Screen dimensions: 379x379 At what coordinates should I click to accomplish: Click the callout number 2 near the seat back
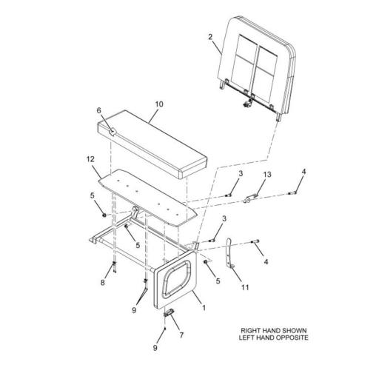tap(210, 37)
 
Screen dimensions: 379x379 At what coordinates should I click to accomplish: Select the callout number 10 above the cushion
tap(159, 104)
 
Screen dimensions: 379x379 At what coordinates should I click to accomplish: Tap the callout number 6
tap(99, 110)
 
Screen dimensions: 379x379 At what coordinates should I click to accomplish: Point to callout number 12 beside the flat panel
tap(90, 159)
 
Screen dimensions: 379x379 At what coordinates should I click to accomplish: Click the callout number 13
tap(267, 175)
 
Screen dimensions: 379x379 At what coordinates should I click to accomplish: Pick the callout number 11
tap(245, 287)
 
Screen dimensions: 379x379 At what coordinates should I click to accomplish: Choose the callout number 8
tap(103, 283)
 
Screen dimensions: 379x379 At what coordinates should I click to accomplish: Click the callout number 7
tap(181, 335)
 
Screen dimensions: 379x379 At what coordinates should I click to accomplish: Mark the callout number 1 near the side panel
tap(204, 308)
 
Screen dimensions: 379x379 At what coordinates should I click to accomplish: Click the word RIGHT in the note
tap(250, 330)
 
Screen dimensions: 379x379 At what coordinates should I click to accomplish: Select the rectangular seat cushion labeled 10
tap(152, 144)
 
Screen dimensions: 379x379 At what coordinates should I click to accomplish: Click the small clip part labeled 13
tap(250, 198)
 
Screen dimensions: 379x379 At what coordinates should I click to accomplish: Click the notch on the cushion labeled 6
tap(113, 132)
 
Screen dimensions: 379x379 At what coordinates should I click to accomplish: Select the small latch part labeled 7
tap(169, 312)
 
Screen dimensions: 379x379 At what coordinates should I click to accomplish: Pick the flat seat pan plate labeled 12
tap(148, 198)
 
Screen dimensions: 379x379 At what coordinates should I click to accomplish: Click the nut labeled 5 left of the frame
tap(104, 215)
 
